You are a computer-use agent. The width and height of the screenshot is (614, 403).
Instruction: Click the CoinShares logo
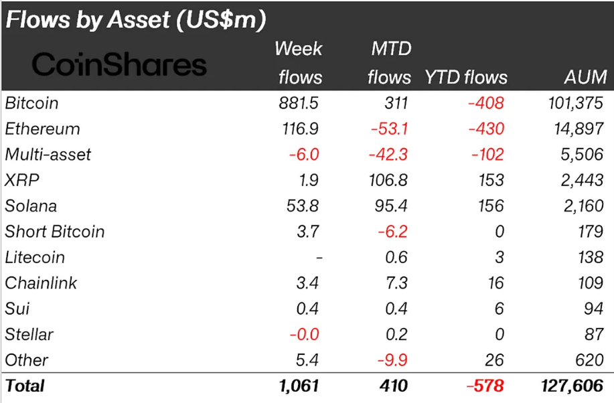(x=119, y=65)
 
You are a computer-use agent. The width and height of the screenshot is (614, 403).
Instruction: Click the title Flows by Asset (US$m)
(x=136, y=20)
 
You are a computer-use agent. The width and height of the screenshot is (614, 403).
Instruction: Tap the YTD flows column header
(x=466, y=78)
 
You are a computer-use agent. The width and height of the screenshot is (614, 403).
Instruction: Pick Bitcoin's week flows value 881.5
(x=299, y=103)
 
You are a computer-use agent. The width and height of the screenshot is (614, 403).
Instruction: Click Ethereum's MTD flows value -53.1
(x=389, y=129)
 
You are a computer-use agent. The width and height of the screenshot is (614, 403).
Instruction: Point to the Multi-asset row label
(x=48, y=155)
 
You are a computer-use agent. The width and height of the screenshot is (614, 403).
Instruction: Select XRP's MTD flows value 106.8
(x=389, y=180)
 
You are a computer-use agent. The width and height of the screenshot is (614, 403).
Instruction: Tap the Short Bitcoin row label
(x=55, y=232)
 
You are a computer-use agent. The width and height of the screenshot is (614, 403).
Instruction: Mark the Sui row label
(x=17, y=309)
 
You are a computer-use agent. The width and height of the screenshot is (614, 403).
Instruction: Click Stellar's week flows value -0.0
(x=303, y=335)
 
